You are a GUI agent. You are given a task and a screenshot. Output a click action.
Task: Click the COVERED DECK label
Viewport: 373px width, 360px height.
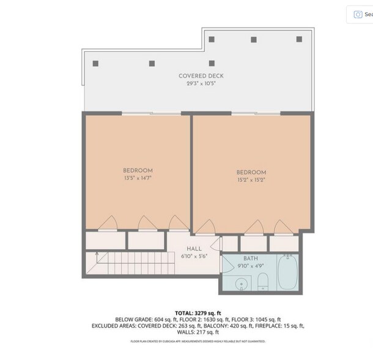tap(201, 76)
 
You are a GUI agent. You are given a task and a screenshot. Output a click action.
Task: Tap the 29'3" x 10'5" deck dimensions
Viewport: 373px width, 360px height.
tap(201, 83)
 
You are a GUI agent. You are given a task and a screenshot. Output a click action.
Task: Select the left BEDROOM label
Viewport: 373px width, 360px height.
tap(138, 170)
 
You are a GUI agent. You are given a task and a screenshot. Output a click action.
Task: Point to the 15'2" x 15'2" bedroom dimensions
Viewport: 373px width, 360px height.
tap(251, 181)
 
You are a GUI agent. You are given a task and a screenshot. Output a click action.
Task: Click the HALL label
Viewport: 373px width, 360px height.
tap(194, 249)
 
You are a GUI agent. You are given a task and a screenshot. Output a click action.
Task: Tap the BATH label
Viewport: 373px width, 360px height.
tap(251, 259)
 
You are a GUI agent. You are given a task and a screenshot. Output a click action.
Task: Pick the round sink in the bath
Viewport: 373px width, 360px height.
tap(241, 284)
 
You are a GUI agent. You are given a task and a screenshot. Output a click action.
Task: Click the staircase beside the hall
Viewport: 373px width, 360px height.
tap(123, 265)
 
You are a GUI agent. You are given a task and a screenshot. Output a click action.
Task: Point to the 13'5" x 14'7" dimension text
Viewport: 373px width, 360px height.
tap(138, 178)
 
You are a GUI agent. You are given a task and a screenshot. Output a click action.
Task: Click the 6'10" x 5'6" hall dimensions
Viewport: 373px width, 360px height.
tap(194, 256)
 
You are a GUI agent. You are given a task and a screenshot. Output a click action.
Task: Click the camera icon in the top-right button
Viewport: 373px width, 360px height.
tap(358, 14)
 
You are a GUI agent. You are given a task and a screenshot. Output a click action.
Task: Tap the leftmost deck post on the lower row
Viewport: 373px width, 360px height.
tap(95, 63)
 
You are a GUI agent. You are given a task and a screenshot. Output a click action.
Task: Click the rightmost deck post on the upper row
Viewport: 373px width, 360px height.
tap(299, 40)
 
